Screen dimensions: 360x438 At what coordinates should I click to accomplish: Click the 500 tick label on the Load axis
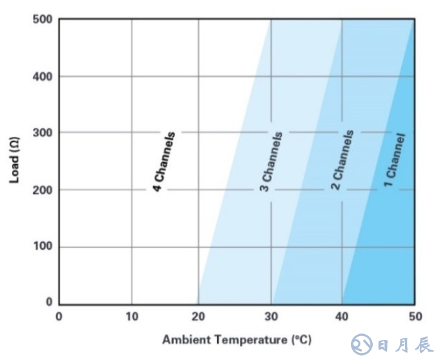pyautogui.click(x=41, y=19)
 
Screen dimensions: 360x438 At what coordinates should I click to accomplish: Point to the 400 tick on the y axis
pyautogui.click(x=41, y=76)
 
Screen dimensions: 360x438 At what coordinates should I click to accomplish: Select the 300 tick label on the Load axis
pyautogui.click(x=41, y=132)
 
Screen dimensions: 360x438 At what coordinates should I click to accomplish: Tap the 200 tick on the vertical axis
pyautogui.click(x=41, y=189)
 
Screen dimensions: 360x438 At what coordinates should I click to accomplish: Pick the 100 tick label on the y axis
pyautogui.click(x=41, y=247)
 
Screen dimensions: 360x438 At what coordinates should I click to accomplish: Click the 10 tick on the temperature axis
pyautogui.click(x=131, y=317)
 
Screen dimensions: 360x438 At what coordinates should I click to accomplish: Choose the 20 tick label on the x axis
pyautogui.click(x=198, y=317)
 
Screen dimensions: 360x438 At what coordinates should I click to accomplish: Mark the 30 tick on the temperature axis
pyautogui.click(x=271, y=317)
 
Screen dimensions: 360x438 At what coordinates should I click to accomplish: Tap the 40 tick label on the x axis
pyautogui.click(x=342, y=317)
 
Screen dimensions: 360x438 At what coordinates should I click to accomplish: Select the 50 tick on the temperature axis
pyautogui.click(x=413, y=317)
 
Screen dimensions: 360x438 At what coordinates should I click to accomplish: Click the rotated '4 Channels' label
pyautogui.click(x=164, y=162)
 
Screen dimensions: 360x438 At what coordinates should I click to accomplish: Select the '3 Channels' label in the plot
pyautogui.click(x=271, y=162)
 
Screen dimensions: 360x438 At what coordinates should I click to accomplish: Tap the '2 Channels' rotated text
pyautogui.click(x=342, y=160)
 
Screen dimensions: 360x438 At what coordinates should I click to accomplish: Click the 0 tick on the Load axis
pyautogui.click(x=49, y=302)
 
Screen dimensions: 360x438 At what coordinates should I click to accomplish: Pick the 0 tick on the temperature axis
pyautogui.click(x=59, y=317)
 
